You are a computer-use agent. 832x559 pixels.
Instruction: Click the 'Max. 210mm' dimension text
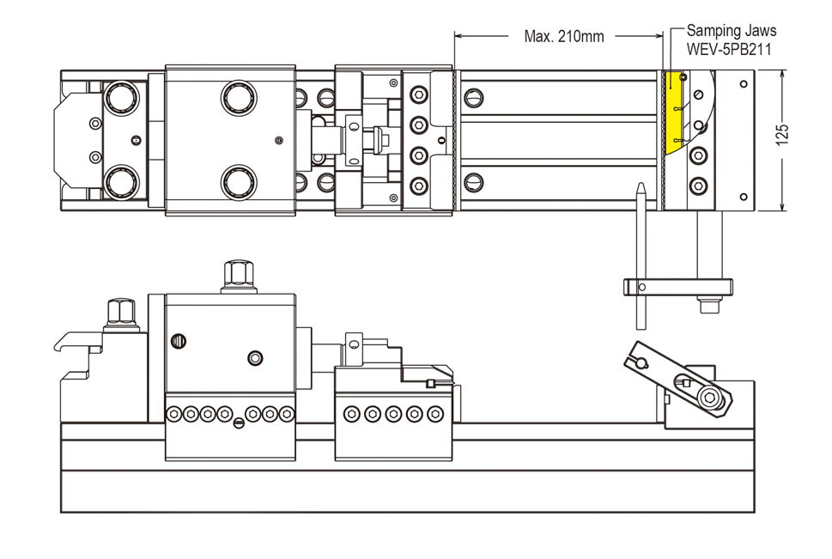(563, 36)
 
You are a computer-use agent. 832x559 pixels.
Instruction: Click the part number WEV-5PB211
(728, 49)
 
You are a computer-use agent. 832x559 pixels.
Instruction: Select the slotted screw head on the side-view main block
(179, 340)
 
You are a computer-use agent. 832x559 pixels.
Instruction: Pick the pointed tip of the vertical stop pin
(640, 185)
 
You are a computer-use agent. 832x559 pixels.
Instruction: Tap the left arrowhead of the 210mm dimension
(458, 36)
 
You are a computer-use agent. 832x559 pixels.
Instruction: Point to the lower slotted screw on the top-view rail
(475, 182)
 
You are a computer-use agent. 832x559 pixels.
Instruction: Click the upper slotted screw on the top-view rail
(475, 96)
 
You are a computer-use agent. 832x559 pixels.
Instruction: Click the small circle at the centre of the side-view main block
(254, 357)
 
